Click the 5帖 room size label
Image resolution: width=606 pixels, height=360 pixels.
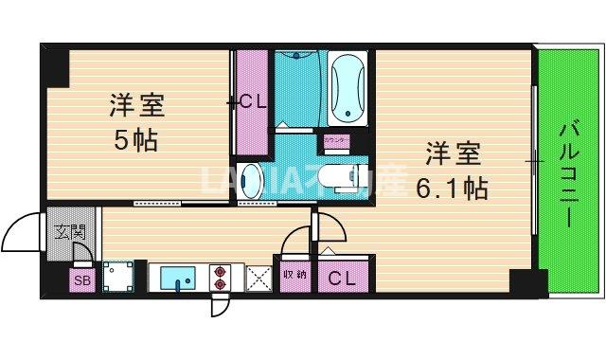pyautogui.click(x=135, y=142)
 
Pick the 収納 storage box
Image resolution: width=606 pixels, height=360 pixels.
pyautogui.click(x=294, y=276)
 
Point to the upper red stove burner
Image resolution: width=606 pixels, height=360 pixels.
pyautogui.click(x=221, y=269)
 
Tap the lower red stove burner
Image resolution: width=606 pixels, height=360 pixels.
pyautogui.click(x=221, y=283)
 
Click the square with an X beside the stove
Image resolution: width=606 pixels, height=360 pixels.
pyautogui.click(x=258, y=278)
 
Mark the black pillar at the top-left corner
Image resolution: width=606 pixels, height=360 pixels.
pyautogui.click(x=54, y=65)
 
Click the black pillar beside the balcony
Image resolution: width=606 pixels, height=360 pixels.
pyautogui.click(x=526, y=281)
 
